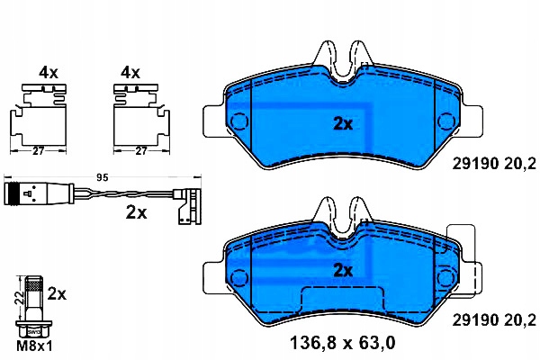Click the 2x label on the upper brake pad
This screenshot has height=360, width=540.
(343, 123)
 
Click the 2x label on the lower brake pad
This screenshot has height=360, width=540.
(343, 270)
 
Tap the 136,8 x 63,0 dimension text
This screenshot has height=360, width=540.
(343, 343)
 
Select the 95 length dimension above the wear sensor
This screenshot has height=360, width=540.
(103, 178)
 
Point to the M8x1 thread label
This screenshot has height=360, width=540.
(34, 346)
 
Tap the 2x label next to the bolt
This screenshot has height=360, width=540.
(57, 294)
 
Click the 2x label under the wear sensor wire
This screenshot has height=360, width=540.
(137, 212)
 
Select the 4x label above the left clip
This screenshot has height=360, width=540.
(49, 73)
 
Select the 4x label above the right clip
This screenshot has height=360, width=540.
(130, 73)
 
